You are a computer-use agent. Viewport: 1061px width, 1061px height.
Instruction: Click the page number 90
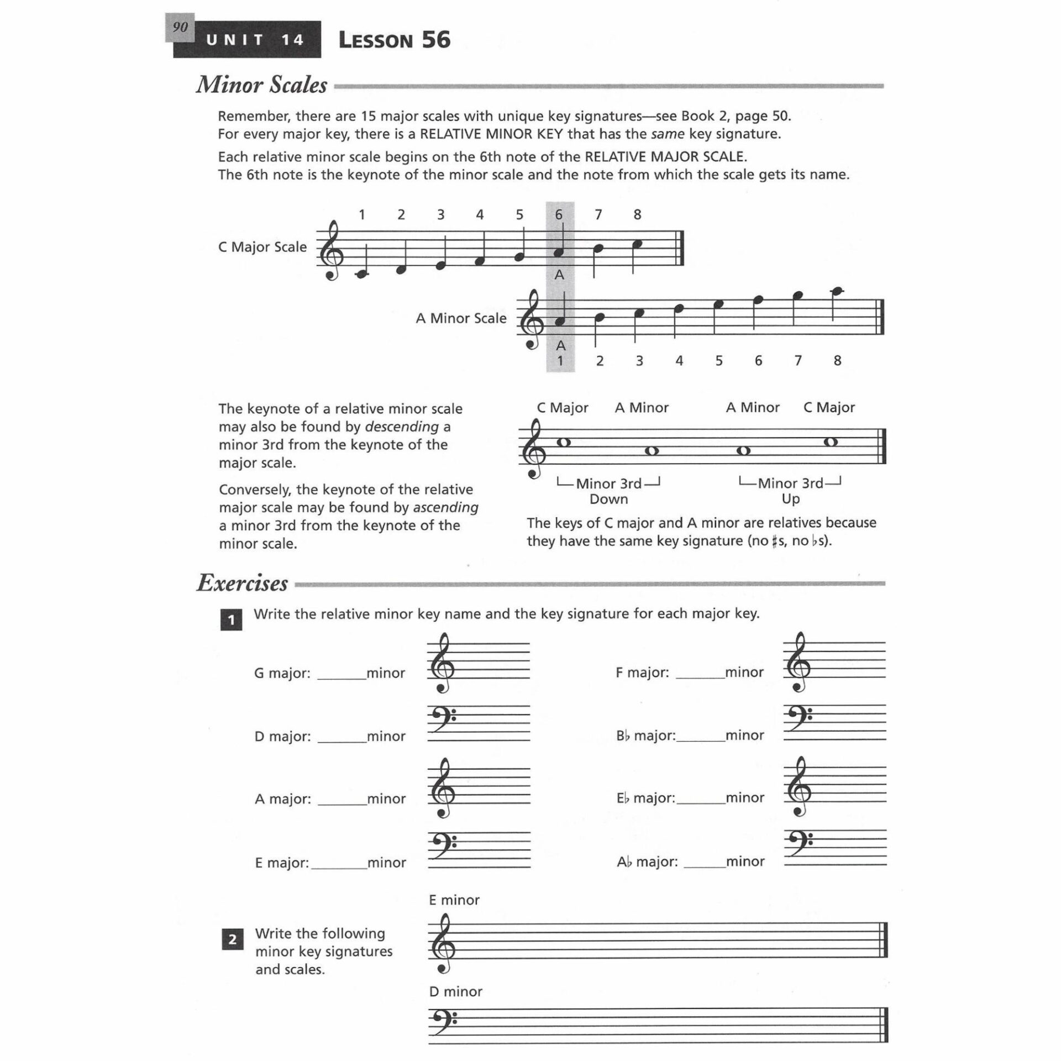[180, 27]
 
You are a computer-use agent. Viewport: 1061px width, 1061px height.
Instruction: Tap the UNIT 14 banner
[255, 40]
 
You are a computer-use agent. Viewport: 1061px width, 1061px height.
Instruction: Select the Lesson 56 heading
[394, 40]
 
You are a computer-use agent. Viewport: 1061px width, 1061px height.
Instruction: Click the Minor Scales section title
[261, 85]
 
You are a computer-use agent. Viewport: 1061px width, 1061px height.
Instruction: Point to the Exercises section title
[242, 584]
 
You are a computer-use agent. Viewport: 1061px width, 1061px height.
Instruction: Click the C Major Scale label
[262, 247]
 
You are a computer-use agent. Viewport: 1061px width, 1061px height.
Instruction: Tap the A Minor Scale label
[461, 318]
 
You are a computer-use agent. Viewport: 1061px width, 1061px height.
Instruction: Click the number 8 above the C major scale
[637, 215]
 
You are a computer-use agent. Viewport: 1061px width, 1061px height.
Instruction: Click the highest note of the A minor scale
[837, 291]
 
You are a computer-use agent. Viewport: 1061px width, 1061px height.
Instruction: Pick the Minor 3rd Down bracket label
[608, 491]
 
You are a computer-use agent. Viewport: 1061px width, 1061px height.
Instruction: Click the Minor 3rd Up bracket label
[790, 491]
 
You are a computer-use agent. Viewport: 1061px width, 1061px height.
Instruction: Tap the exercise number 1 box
[231, 620]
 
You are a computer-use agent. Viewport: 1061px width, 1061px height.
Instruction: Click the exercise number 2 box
[232, 939]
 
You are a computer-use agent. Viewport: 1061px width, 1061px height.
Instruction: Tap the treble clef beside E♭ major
[799, 788]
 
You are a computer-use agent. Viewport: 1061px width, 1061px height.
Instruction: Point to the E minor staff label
[454, 900]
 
